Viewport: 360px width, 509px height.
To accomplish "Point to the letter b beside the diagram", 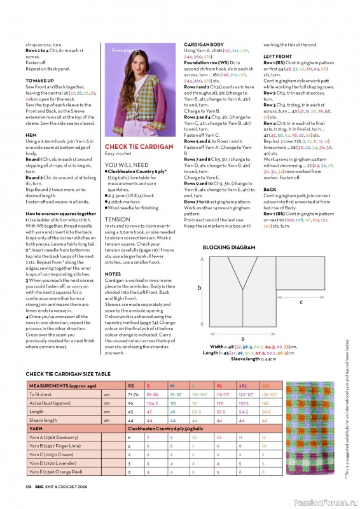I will click(x=200, y=288).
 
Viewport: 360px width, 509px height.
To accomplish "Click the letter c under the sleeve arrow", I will click(x=301, y=302).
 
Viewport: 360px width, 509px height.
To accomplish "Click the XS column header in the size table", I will click(x=131, y=386).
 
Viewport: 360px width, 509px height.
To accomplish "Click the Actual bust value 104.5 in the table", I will click(x=153, y=403).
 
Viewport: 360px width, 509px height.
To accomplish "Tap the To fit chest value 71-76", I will click(x=134, y=394).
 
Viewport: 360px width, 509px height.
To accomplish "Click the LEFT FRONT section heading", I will click(x=277, y=57).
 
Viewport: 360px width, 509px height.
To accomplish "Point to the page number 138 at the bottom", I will click(x=29, y=486).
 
